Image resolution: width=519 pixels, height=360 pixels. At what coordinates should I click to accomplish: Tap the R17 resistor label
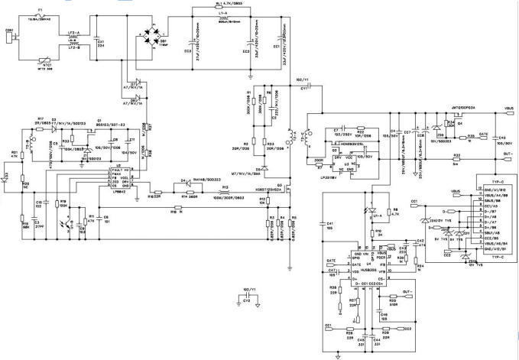(41, 118)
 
